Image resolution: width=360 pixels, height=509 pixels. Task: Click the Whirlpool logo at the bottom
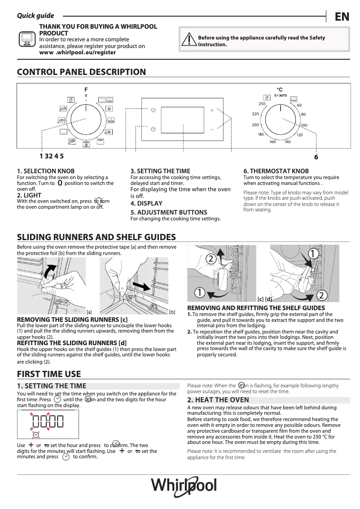pos(184,486)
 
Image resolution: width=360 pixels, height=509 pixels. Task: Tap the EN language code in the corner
pos(342,17)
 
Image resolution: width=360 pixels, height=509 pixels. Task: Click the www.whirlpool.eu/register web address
pos(77,53)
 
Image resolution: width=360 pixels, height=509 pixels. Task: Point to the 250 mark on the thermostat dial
pos(262,104)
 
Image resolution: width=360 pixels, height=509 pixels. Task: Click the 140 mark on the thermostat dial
pos(287,142)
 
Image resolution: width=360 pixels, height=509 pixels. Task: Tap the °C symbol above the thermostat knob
pos(280,90)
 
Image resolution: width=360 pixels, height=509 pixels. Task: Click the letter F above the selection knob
pos(86,89)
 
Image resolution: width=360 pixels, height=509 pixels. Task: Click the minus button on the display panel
pos(212,129)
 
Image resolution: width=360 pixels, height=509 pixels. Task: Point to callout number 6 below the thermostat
pos(316,157)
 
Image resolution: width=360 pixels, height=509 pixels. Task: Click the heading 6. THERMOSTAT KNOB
pos(276,171)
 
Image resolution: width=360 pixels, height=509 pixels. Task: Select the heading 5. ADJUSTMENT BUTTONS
pos(168,212)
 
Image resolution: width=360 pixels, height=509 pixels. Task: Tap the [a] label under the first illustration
pos(89,312)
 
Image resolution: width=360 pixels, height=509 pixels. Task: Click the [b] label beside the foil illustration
pos(172,312)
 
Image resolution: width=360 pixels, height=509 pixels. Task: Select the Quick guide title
pos(35,16)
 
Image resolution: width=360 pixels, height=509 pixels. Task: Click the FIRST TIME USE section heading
pos(48,374)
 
